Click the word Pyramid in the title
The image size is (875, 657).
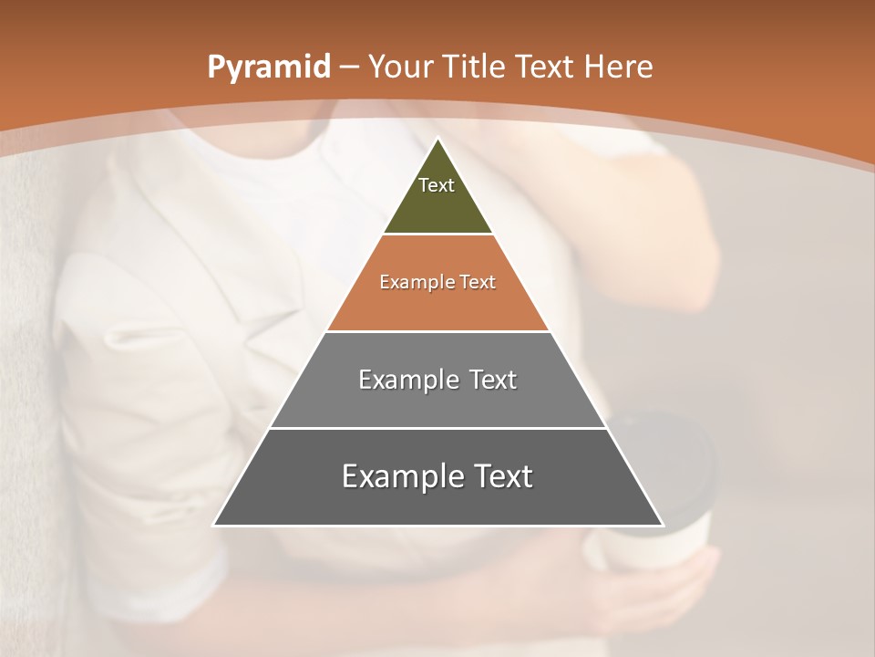coord(268,68)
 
